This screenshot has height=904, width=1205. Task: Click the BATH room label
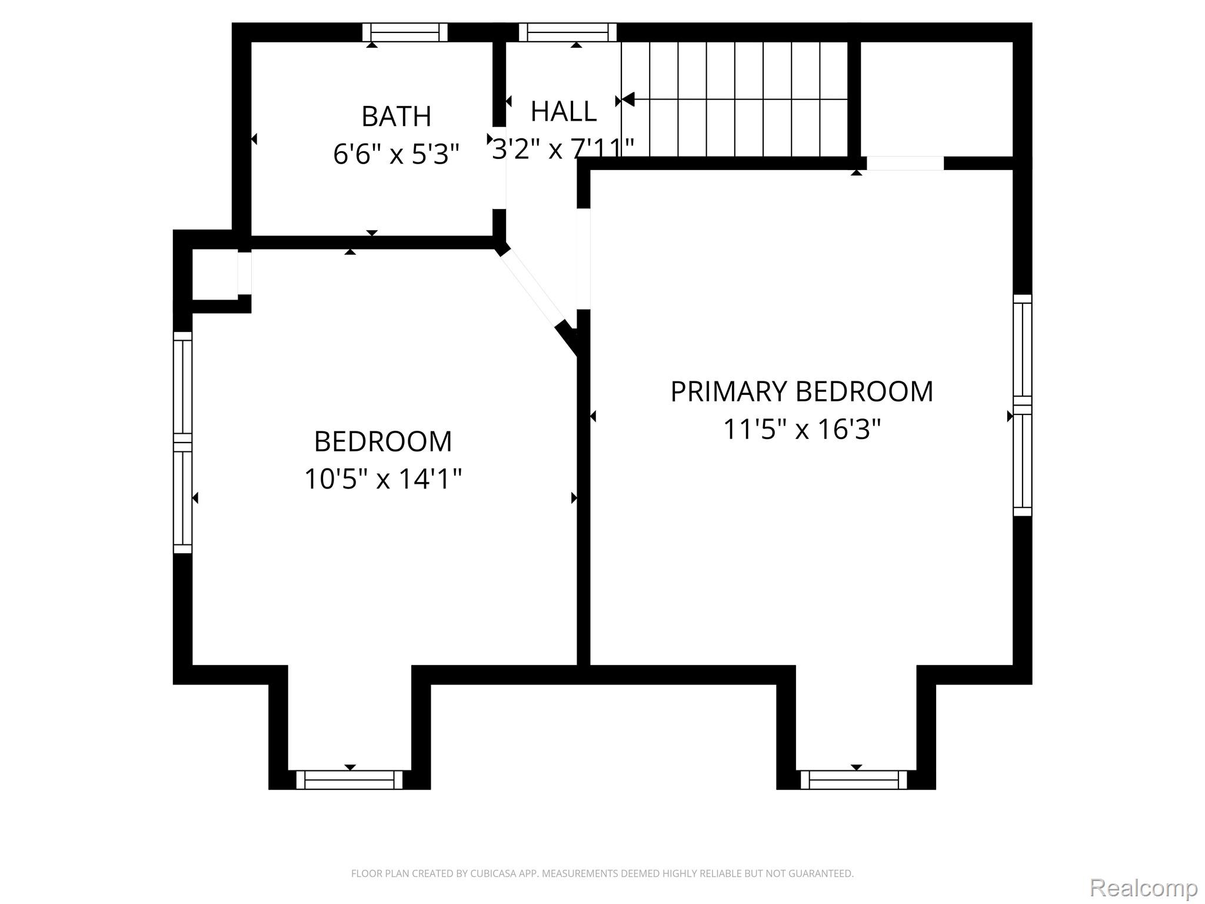396,117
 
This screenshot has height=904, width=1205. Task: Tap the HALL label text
564,112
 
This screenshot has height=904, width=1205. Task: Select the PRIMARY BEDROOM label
802,392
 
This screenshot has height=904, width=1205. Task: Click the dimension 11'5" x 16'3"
802,429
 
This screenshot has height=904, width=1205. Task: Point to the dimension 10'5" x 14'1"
383,478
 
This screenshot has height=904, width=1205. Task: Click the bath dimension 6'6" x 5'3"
396,154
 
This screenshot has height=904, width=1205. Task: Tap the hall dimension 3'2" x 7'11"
563,148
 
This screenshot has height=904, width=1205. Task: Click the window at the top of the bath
405,32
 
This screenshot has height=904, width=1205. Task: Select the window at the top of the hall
568,32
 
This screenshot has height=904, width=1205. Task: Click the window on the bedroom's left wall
182,443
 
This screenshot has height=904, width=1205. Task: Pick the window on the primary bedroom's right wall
1023,406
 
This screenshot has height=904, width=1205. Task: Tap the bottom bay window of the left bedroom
349,780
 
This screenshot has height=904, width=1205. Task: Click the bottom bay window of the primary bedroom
854,780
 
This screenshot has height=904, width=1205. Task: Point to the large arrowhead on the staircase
627,99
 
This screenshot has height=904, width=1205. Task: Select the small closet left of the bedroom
215,274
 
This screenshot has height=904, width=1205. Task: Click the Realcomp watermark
1143,888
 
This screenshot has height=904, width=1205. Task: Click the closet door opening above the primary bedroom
906,163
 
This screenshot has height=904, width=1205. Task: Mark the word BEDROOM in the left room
383,441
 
